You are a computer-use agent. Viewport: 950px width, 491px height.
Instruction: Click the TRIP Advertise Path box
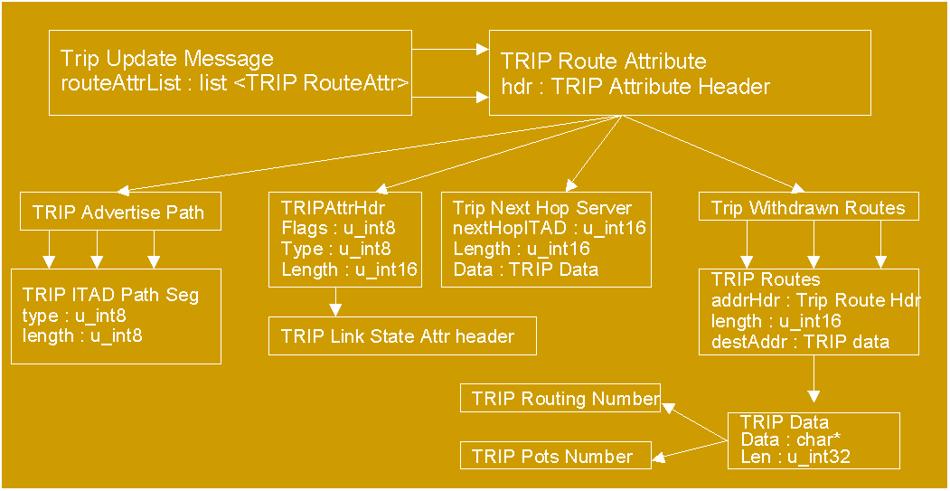pos(118,213)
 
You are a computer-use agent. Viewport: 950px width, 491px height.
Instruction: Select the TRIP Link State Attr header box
pos(402,336)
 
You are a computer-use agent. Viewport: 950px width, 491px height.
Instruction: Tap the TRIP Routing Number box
pos(560,399)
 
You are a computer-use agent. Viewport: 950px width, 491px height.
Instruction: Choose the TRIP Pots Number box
pos(556,457)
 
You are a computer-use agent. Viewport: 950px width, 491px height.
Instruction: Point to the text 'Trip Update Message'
pos(167,60)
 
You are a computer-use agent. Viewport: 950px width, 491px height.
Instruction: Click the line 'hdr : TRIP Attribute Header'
pos(635,87)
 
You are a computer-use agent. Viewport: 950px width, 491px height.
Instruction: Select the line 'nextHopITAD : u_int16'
pos(549,228)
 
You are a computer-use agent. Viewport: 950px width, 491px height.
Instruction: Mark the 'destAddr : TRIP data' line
pos(801,342)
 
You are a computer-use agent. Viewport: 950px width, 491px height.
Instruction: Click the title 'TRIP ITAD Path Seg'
pos(110,296)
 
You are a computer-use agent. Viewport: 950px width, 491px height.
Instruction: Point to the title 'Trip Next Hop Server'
pos(542,209)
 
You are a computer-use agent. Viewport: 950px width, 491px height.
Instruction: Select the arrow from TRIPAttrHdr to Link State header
pos(336,301)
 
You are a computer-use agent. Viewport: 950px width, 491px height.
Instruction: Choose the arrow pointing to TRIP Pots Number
pos(691,449)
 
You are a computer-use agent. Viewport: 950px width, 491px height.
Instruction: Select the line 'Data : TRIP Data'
pos(525,269)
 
